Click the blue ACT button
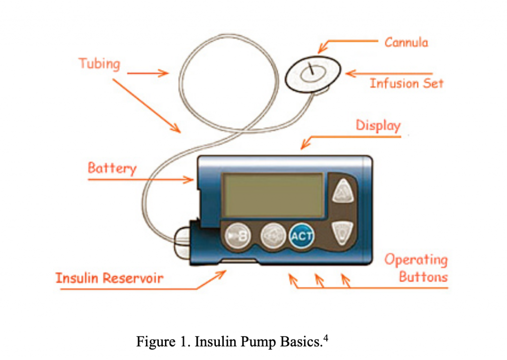(x=302, y=236)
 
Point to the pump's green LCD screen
(x=273, y=195)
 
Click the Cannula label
(x=406, y=42)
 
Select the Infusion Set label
(x=406, y=83)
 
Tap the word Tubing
(x=99, y=63)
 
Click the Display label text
(x=378, y=125)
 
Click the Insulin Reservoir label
(x=109, y=278)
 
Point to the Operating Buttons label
(x=416, y=268)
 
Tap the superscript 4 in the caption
(x=325, y=338)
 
